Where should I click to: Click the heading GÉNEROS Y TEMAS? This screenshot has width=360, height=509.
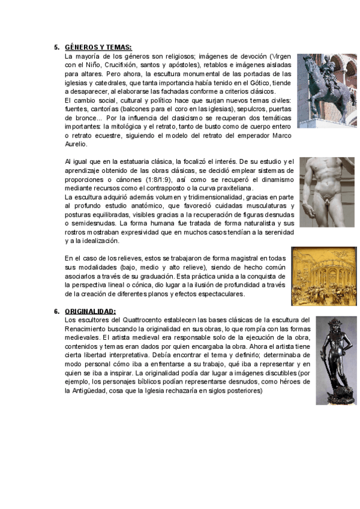pyautogui.click(x=98, y=47)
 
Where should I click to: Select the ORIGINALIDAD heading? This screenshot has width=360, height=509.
pyautogui.click(x=90, y=312)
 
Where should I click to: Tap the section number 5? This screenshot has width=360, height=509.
pyautogui.click(x=56, y=47)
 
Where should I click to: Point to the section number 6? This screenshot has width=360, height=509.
pyautogui.click(x=56, y=312)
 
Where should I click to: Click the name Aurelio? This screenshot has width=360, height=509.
pyautogui.click(x=76, y=144)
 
